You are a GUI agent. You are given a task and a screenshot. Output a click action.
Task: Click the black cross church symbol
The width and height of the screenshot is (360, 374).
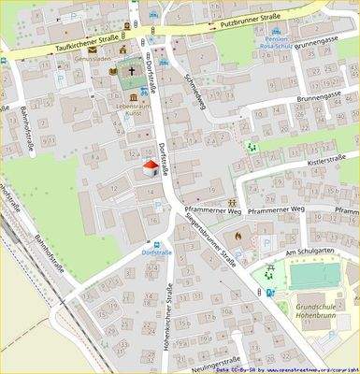(x=133, y=70)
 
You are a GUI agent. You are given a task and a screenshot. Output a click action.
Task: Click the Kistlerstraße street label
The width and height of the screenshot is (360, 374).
(x=327, y=163)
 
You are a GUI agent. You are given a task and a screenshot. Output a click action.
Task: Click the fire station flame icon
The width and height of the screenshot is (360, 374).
(x=238, y=237)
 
